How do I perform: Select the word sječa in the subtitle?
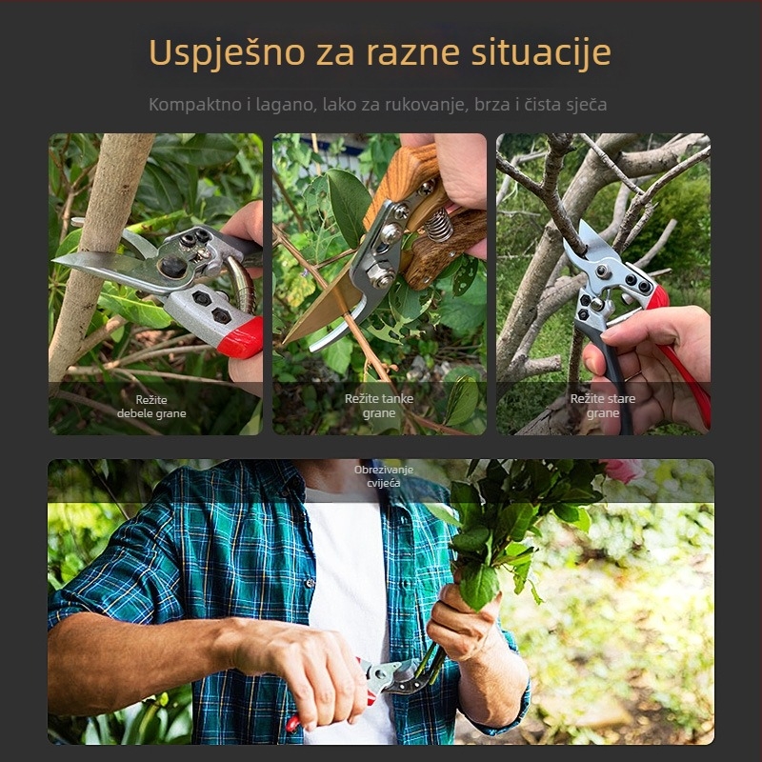583,104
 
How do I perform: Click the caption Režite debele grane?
151,407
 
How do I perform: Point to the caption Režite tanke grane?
379,407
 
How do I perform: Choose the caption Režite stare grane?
602,407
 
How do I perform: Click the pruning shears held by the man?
391,677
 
